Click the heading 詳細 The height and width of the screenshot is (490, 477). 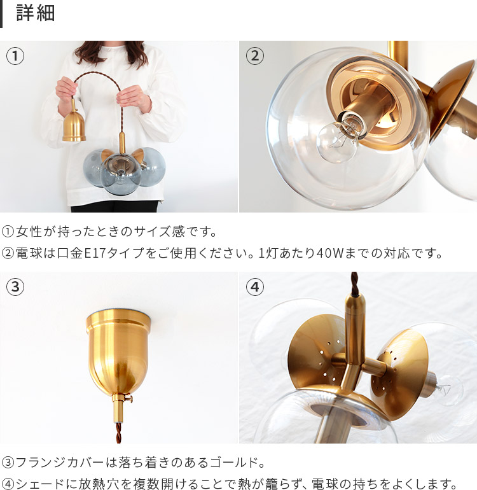click(x=36, y=14)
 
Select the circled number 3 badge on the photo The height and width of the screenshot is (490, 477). click(x=15, y=288)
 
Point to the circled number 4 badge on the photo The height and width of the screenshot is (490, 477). click(x=255, y=288)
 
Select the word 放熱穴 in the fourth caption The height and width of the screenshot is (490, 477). click(x=106, y=484)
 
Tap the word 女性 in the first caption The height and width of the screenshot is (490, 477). click(x=28, y=231)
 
